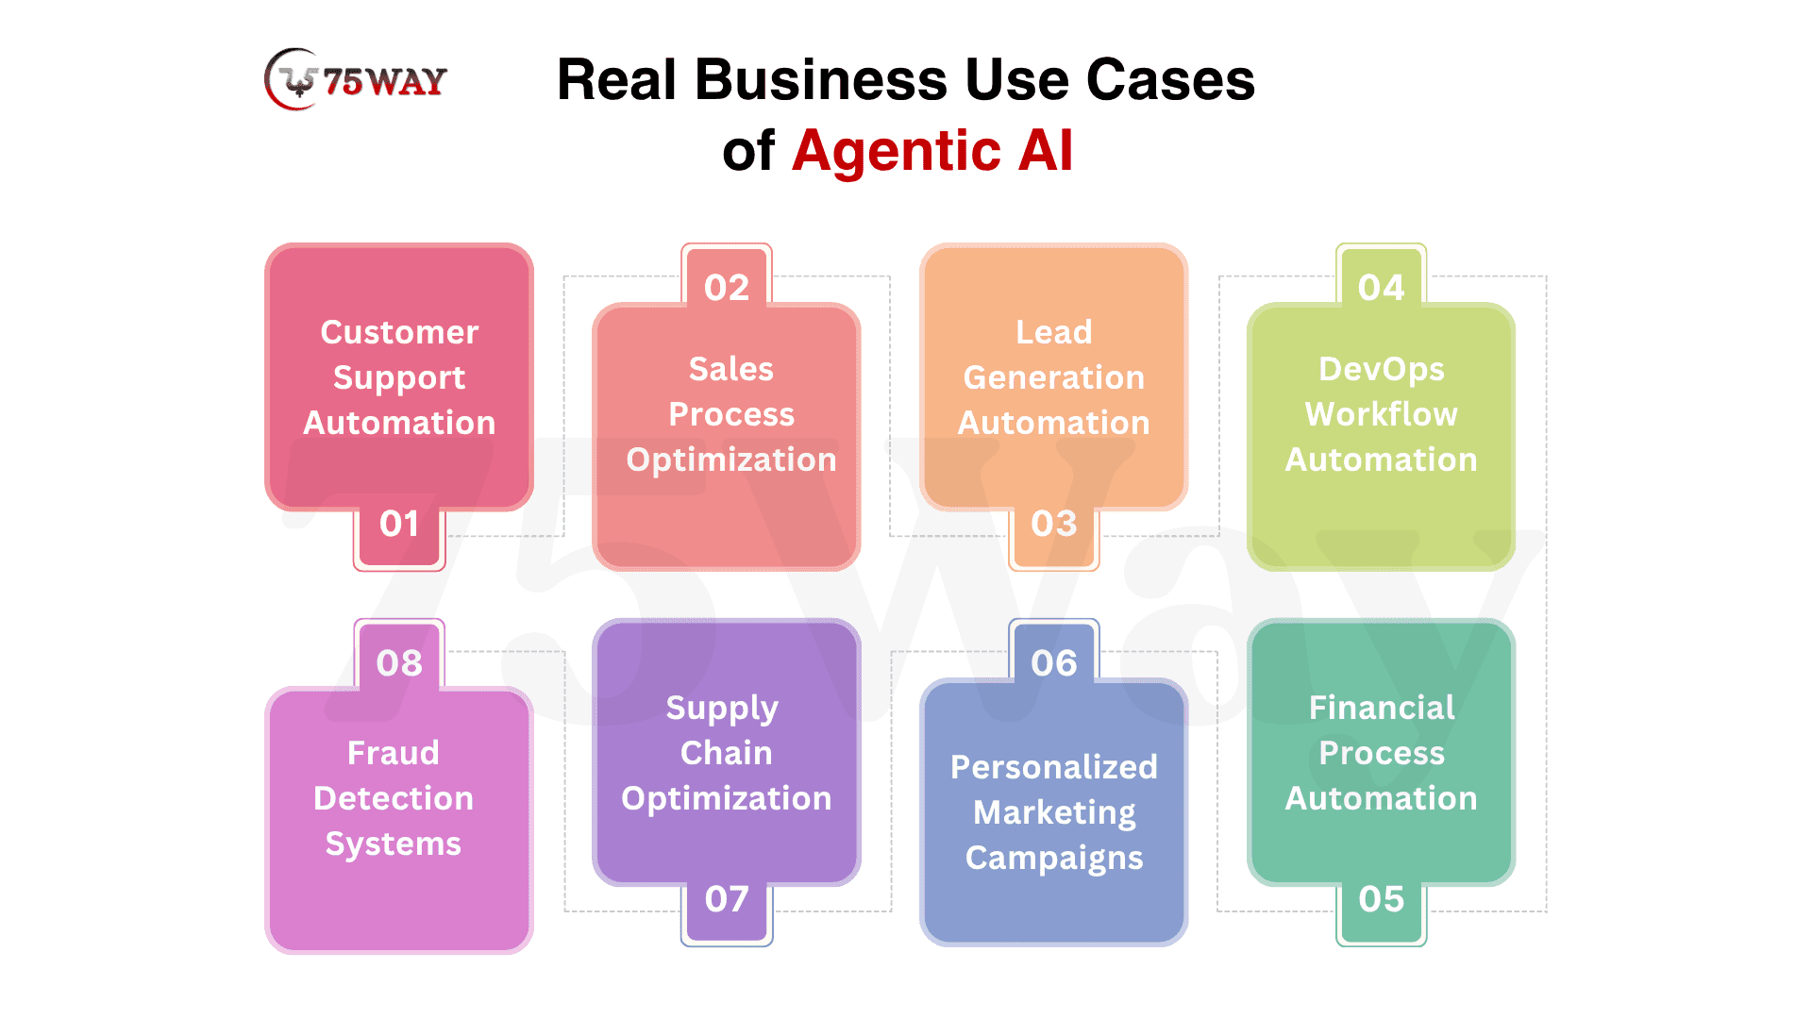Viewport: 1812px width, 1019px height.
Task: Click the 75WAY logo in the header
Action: [356, 80]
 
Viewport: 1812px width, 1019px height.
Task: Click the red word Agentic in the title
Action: [896, 151]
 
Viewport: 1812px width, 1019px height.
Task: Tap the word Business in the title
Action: [820, 79]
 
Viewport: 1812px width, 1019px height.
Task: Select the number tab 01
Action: [399, 525]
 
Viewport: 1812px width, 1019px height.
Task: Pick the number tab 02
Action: [727, 288]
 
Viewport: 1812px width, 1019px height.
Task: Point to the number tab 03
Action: [1053, 525]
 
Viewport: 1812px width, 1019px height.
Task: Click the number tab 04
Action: [1381, 288]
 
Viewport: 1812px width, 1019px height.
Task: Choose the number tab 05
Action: [1381, 899]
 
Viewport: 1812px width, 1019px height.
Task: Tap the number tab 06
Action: [1053, 663]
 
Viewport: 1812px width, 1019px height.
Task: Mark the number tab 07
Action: [727, 899]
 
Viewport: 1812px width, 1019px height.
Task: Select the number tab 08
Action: [399, 663]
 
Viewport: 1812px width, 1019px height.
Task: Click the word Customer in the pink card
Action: [399, 332]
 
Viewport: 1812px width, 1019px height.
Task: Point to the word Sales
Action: [730, 369]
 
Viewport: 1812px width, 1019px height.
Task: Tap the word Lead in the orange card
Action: [1053, 332]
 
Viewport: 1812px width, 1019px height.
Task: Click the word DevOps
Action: [1381, 369]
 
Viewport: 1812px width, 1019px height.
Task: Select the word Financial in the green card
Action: [1381, 708]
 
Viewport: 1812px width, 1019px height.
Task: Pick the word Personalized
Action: [1053, 767]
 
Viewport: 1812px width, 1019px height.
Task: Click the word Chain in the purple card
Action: [726, 753]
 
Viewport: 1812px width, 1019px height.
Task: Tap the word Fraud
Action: [393, 753]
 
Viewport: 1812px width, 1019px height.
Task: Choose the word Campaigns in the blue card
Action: [1053, 858]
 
